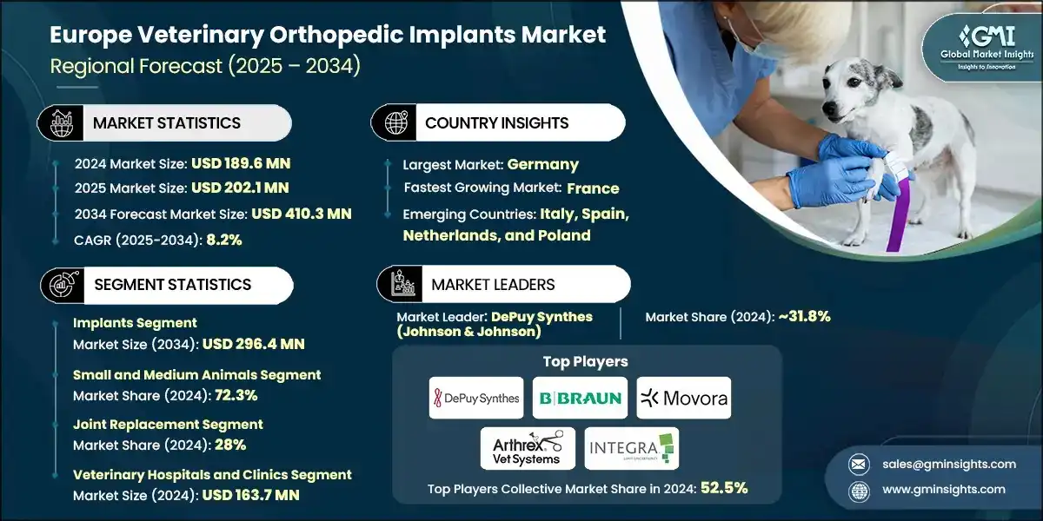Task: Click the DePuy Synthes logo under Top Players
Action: click(476, 399)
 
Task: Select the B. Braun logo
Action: click(580, 399)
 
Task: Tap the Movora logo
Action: click(683, 399)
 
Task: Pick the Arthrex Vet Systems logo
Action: click(521, 448)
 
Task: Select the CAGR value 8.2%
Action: click(223, 239)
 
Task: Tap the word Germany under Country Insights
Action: click(543, 164)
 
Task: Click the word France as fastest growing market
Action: click(593, 188)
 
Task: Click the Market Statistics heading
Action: click(166, 122)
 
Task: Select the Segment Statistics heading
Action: click(171, 285)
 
